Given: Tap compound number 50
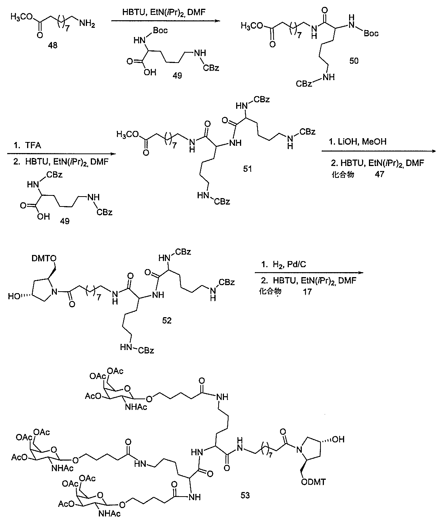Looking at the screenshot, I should pos(354,60).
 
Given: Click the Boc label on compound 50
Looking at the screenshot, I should pos(371,34).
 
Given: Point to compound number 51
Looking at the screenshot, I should pos(247,168).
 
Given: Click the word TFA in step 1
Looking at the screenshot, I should pos(33,147).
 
